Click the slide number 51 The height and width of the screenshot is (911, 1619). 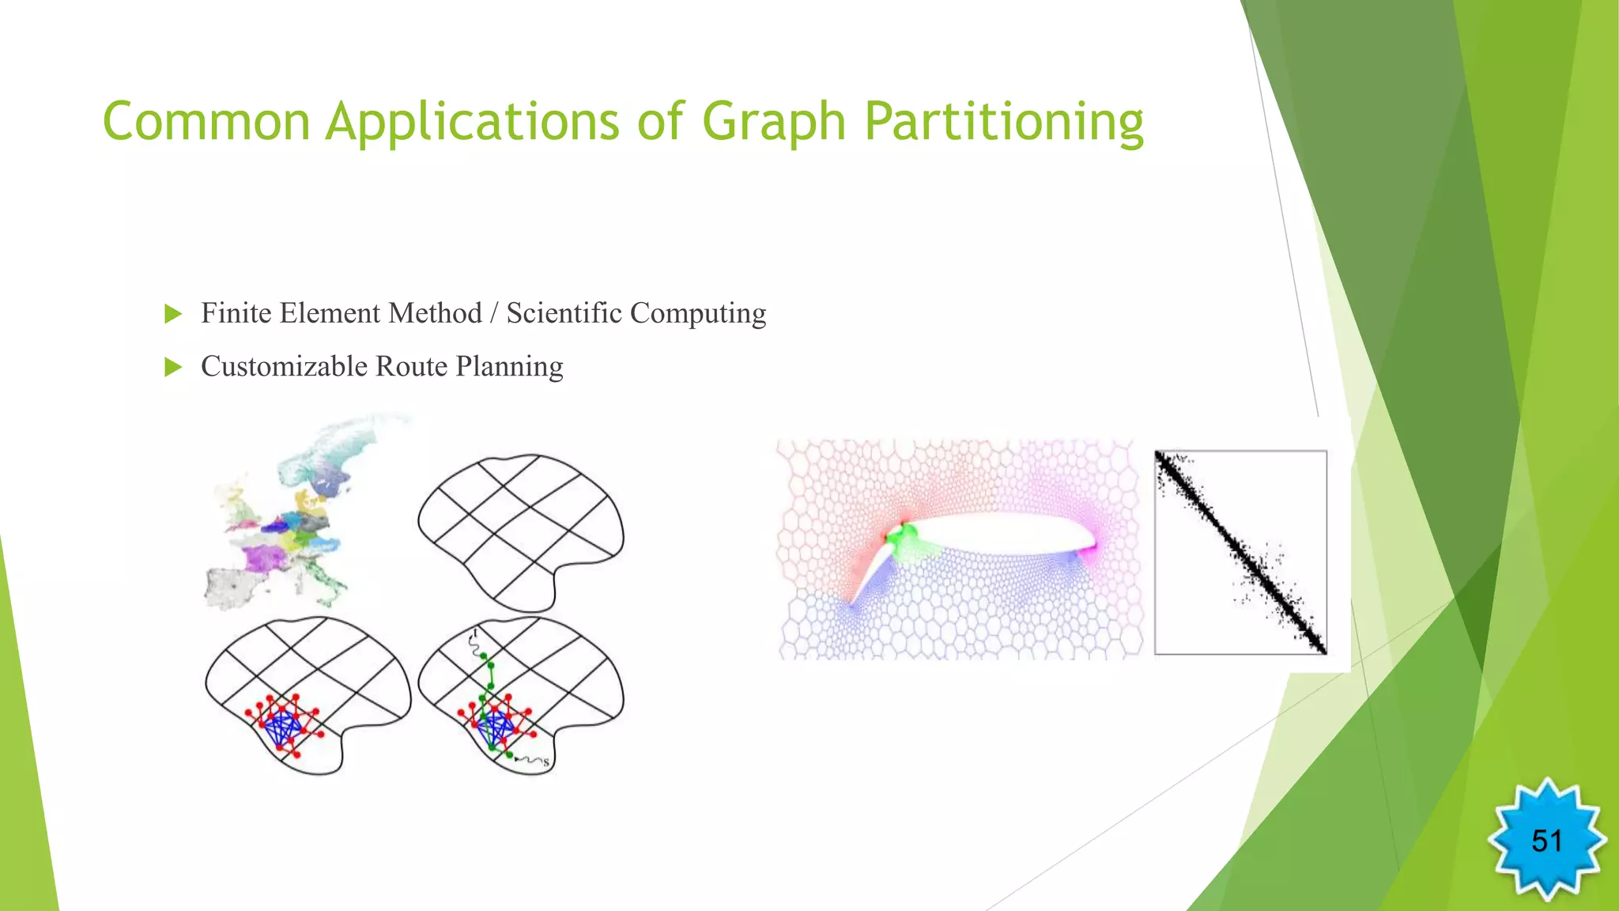point(1546,841)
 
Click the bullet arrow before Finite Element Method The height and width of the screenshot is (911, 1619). point(173,314)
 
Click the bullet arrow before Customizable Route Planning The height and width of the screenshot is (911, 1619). point(173,367)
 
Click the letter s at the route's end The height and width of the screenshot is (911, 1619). point(545,762)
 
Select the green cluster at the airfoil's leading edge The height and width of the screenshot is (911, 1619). point(900,539)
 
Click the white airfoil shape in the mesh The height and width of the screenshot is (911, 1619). point(996,534)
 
